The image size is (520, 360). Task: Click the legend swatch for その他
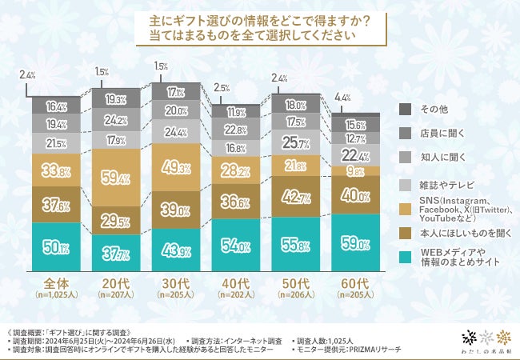405,108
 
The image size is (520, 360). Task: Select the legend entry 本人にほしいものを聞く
459,233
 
